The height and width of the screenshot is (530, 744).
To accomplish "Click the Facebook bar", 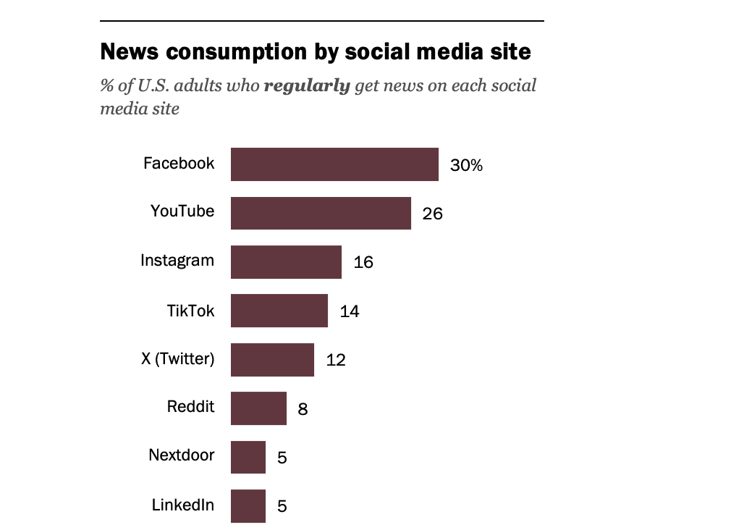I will [x=334, y=164].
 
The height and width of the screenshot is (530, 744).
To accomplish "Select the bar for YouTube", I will [x=321, y=213].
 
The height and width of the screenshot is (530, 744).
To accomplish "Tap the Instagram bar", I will [x=286, y=261].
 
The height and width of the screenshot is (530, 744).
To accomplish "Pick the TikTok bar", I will [x=279, y=311].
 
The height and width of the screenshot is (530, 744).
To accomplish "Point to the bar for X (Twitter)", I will [x=272, y=359].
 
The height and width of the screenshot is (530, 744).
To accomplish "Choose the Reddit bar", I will [x=258, y=408].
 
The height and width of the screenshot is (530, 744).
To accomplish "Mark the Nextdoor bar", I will [x=248, y=457].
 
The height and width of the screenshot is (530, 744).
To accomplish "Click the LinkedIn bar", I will [x=248, y=505].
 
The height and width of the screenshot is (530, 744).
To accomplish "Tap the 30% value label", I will [x=466, y=165].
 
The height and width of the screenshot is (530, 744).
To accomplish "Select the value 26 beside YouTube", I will [x=432, y=214].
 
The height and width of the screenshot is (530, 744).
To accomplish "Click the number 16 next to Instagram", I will [x=363, y=262].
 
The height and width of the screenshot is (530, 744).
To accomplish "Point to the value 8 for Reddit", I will [x=303, y=409].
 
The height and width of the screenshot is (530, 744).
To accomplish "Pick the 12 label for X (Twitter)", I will [x=336, y=360].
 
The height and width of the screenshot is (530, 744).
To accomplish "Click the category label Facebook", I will [x=179, y=164].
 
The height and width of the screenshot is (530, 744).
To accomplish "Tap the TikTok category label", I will [x=190, y=311].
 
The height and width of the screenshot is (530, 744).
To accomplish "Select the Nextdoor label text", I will [x=182, y=455].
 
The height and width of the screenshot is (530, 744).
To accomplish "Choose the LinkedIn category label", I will [x=183, y=505].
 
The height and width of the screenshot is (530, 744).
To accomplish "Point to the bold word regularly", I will [x=307, y=85].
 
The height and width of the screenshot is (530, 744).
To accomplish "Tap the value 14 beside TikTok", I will [x=350, y=311].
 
